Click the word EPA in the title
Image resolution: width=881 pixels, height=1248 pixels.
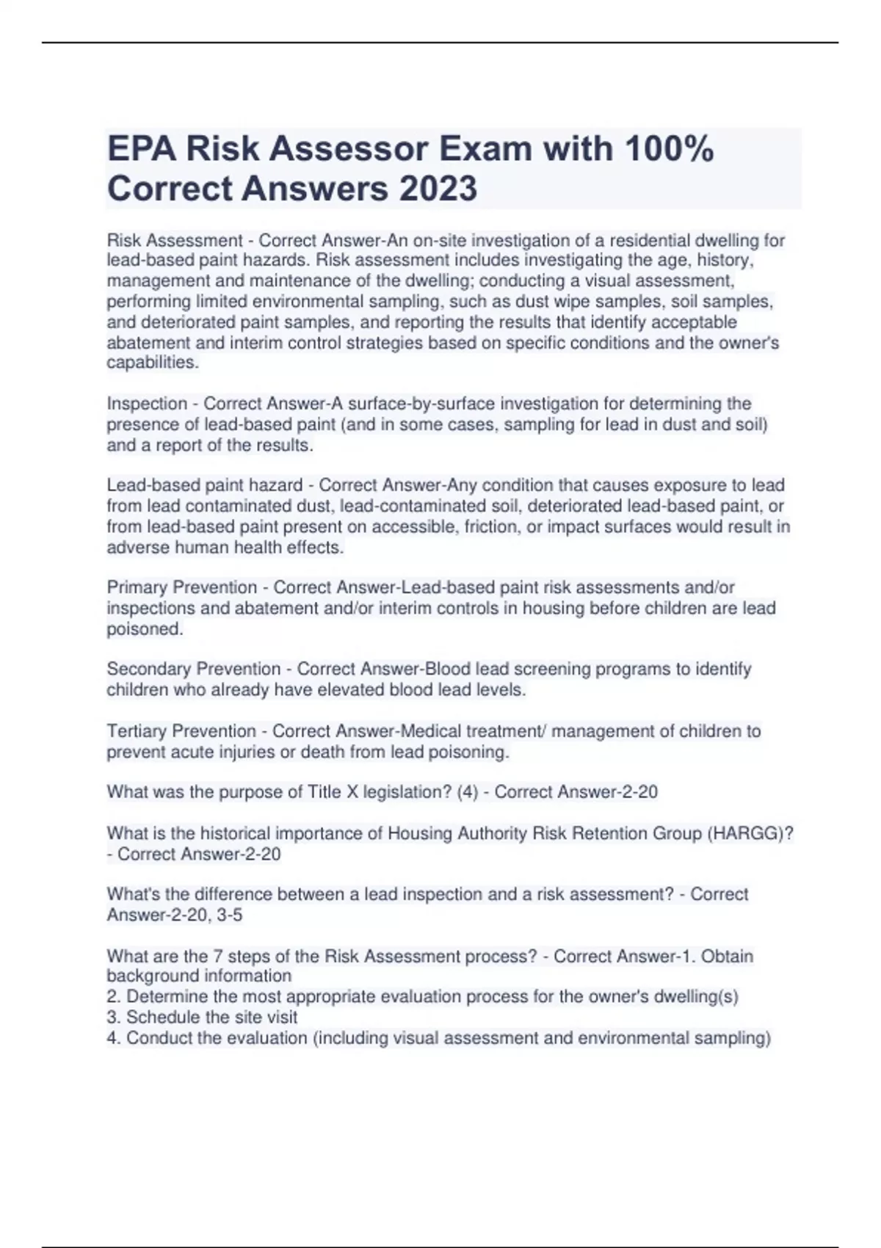142,148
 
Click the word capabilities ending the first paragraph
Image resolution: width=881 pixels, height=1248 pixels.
152,363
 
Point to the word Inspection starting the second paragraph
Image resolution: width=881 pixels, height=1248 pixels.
147,404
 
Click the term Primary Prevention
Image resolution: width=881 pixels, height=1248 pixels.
181,587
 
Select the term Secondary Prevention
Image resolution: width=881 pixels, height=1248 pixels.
194,669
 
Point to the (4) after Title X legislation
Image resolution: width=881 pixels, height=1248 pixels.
467,792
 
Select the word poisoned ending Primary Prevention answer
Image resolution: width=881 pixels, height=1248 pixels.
144,629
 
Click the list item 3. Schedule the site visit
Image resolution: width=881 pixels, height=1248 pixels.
202,1017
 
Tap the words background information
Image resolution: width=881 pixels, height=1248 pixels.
199,976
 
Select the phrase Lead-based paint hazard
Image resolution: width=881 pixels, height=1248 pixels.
204,485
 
